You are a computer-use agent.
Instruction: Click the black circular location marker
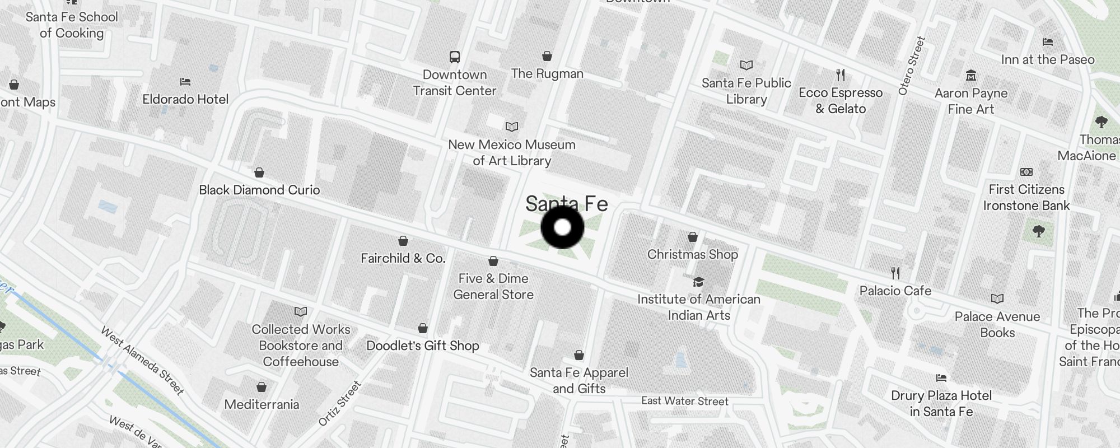pyautogui.click(x=562, y=227)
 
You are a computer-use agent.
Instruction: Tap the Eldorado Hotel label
pyautogui.click(x=185, y=99)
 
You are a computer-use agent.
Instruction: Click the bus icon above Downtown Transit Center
pyautogui.click(x=455, y=57)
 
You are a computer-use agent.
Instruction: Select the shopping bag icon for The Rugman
pyautogui.click(x=547, y=56)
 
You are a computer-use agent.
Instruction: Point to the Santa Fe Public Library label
pyautogui.click(x=746, y=91)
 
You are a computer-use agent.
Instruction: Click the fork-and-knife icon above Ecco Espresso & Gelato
pyautogui.click(x=840, y=74)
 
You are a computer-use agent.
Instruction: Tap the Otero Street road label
pyautogui.click(x=911, y=66)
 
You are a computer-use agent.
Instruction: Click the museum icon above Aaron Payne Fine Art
pyautogui.click(x=971, y=75)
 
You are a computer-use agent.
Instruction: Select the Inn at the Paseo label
pyautogui.click(x=1047, y=59)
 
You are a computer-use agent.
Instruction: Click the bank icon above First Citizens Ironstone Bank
pyautogui.click(x=1026, y=172)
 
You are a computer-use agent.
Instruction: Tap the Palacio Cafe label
pyautogui.click(x=895, y=291)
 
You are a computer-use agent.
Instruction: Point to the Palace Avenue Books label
pyautogui.click(x=997, y=324)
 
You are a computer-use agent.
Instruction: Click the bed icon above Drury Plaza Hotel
pyautogui.click(x=941, y=378)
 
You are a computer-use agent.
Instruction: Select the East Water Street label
pyautogui.click(x=684, y=401)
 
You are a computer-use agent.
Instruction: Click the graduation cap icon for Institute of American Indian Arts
pyautogui.click(x=698, y=282)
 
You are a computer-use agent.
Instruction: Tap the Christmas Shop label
pyautogui.click(x=692, y=254)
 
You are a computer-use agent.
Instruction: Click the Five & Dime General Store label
pyautogui.click(x=493, y=286)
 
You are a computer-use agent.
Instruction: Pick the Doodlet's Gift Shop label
pyautogui.click(x=423, y=346)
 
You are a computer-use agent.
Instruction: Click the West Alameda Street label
pyautogui.click(x=142, y=361)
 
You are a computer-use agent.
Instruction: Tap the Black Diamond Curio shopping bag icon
pyautogui.click(x=259, y=172)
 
